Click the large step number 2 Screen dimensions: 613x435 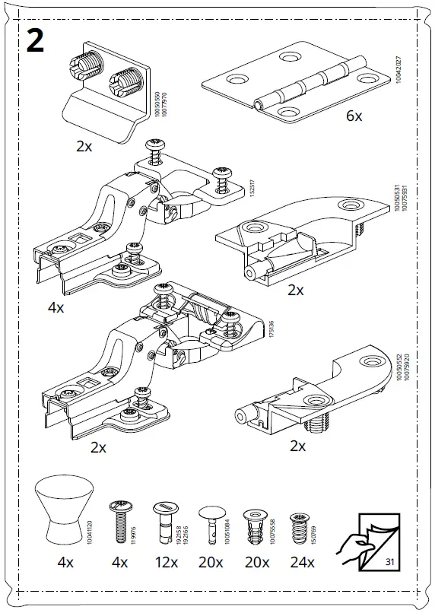click(35, 40)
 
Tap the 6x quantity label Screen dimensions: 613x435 click(354, 116)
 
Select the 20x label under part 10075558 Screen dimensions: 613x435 click(256, 564)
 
